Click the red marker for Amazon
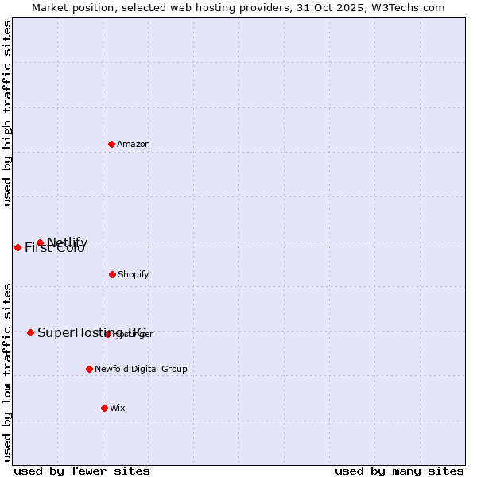[x=111, y=144]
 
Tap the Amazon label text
[x=134, y=144]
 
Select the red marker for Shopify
[x=112, y=274]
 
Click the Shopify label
[x=134, y=274]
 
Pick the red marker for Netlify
[x=40, y=242]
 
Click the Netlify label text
[x=68, y=242]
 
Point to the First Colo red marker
[x=17, y=247]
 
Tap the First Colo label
[x=55, y=248]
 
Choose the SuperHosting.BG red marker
[x=30, y=332]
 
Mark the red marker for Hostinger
[x=108, y=334]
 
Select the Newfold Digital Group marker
[x=89, y=369]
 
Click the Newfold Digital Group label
[x=142, y=369]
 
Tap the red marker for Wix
[x=104, y=408]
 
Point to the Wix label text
[x=118, y=408]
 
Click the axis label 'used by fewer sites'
[x=82, y=471]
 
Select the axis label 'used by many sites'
[x=399, y=471]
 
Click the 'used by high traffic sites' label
[x=8, y=113]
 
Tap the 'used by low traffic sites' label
[x=8, y=372]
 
